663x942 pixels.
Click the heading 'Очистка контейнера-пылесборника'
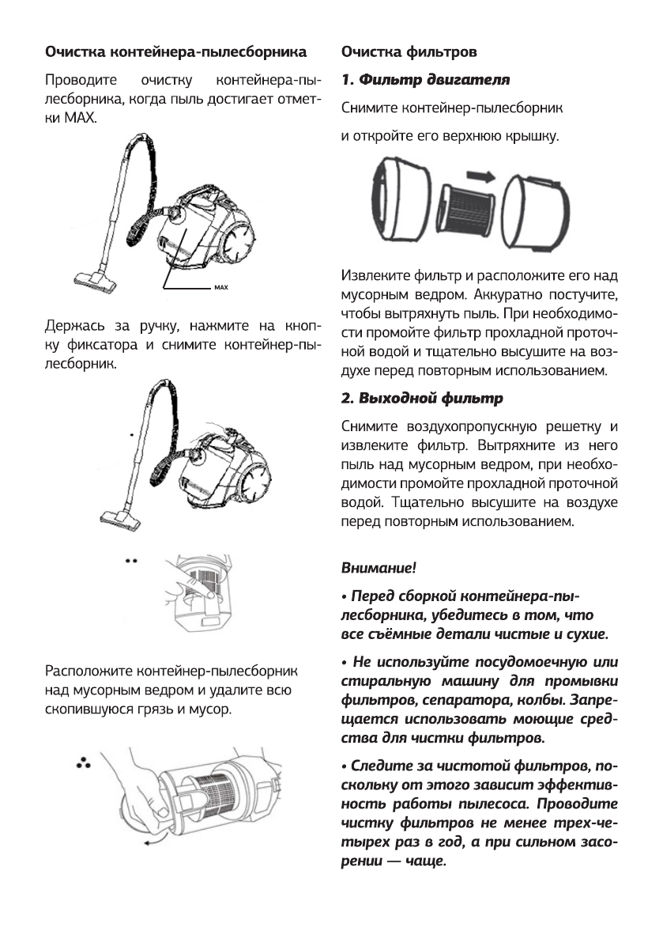(x=175, y=53)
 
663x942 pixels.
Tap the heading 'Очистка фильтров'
(x=408, y=53)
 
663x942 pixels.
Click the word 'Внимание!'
(x=379, y=568)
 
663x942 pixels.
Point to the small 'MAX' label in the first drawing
(x=220, y=286)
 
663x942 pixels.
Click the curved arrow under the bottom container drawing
(x=161, y=842)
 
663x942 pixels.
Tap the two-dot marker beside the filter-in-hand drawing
(x=131, y=560)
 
